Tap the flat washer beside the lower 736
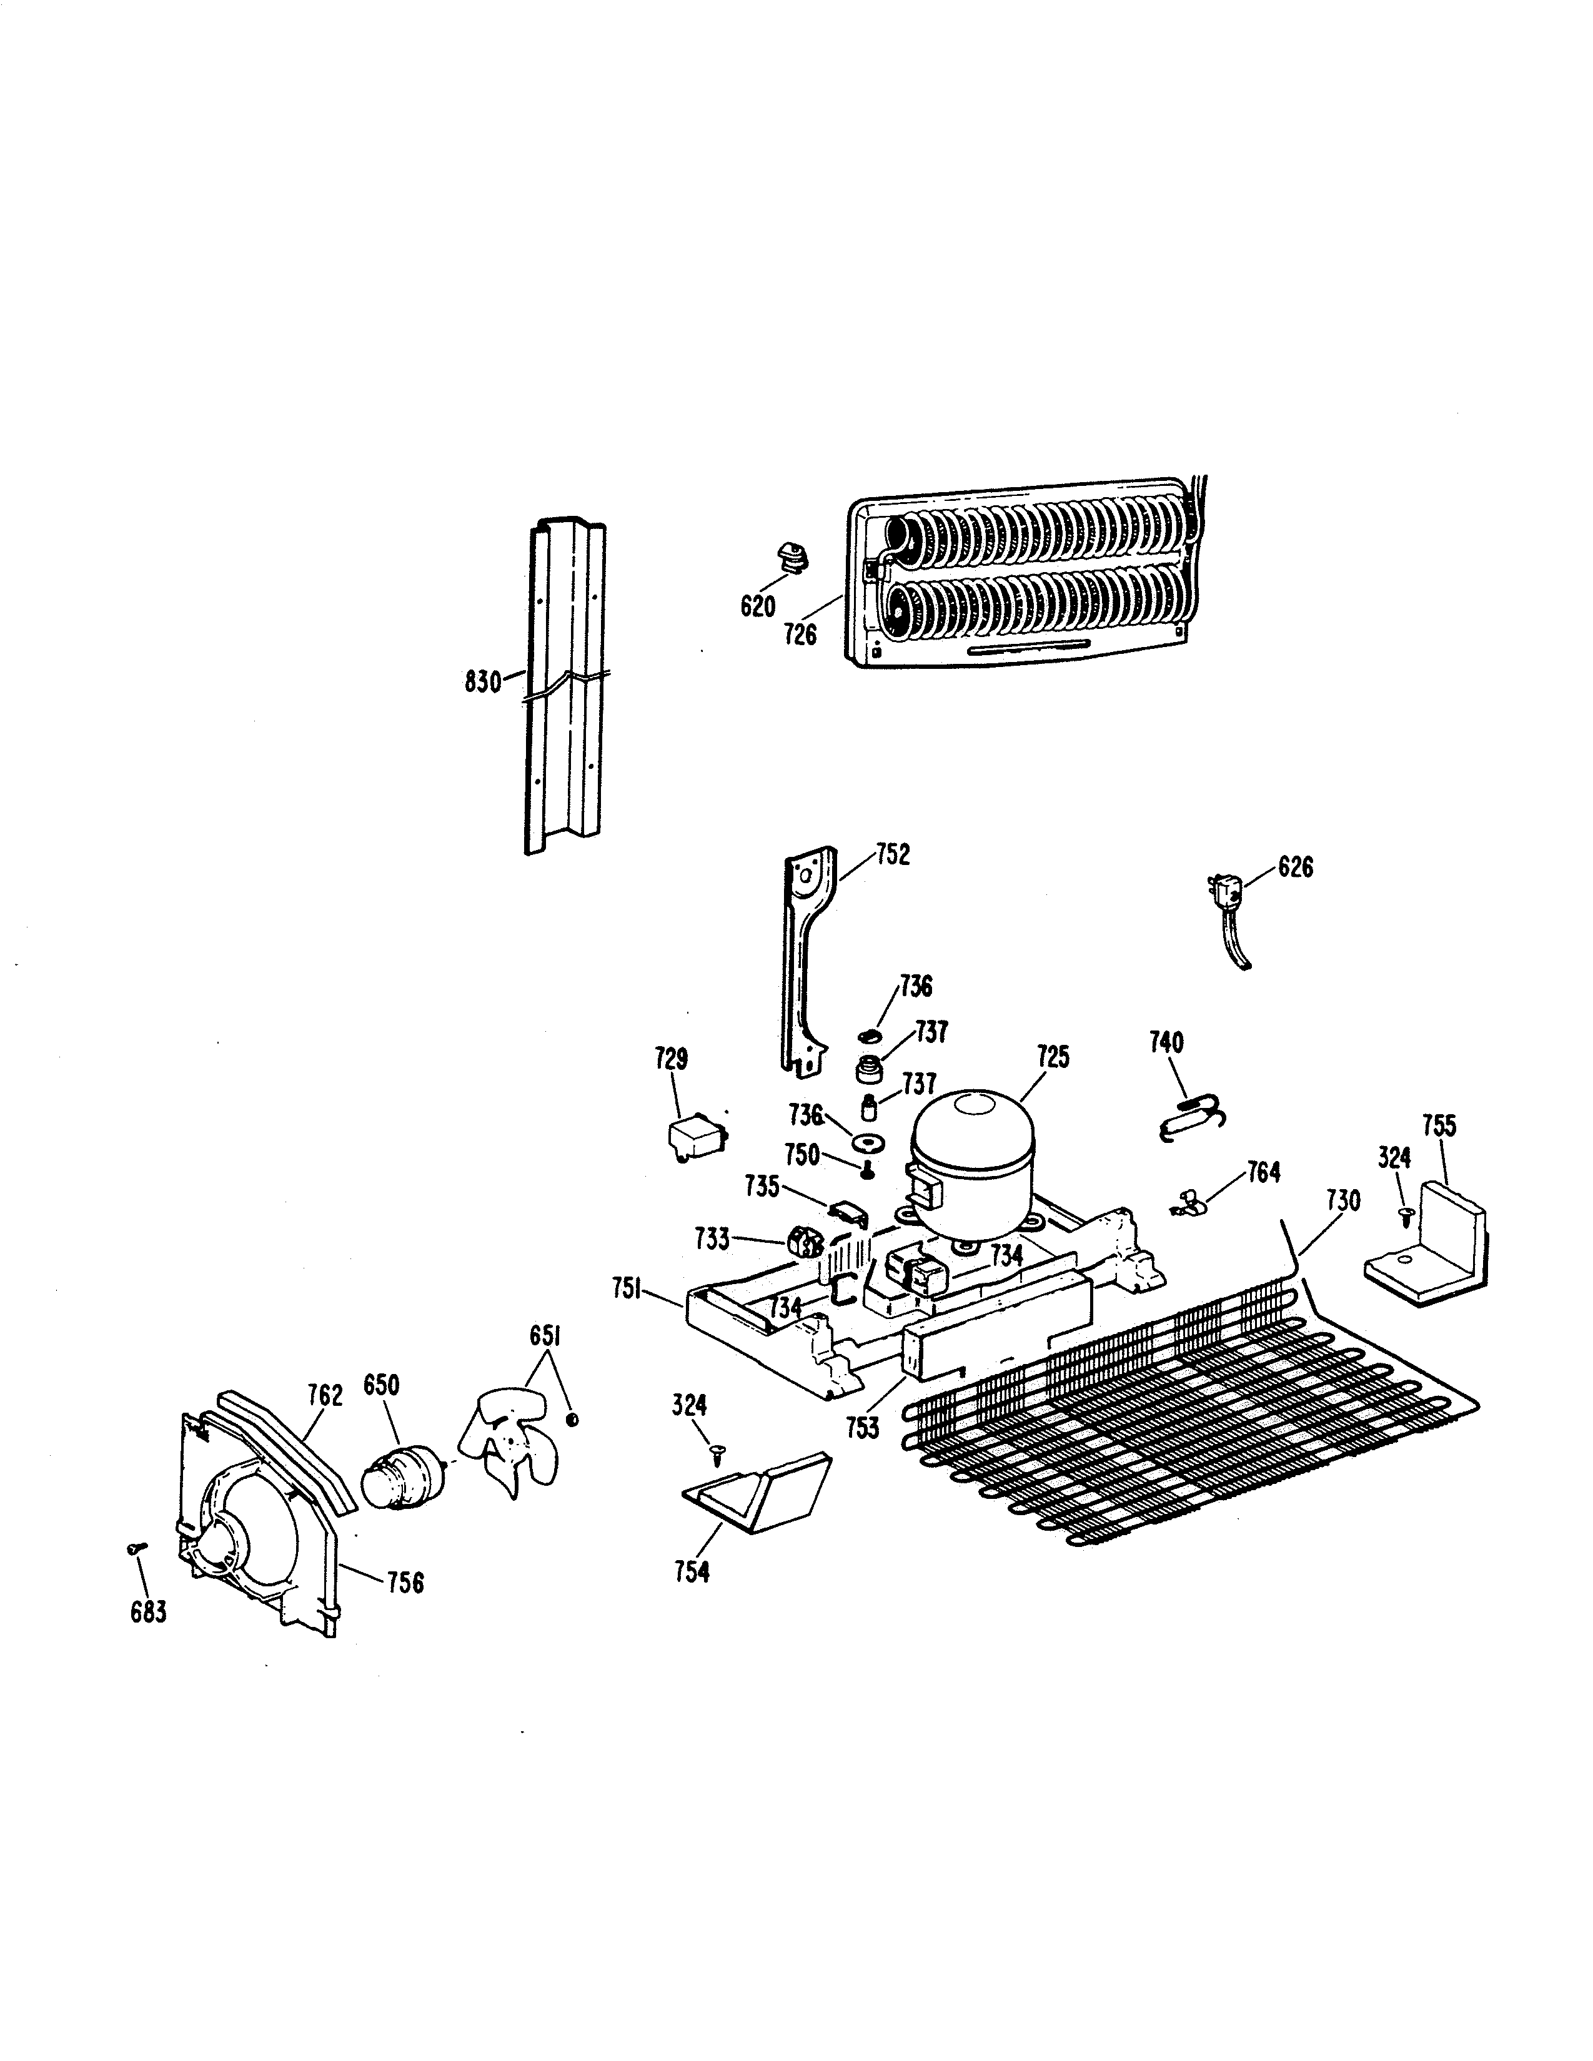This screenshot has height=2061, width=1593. coord(865,1144)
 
